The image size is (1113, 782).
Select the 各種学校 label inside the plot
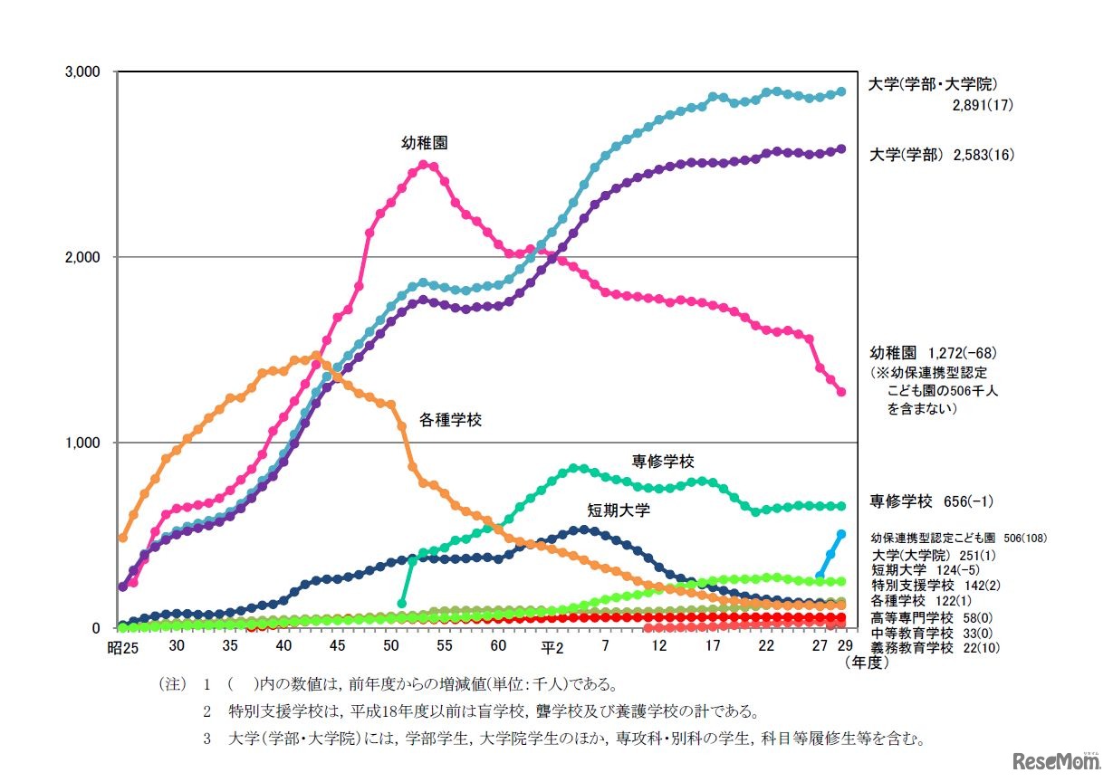(x=450, y=420)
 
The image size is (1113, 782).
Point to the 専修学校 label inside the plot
(x=663, y=462)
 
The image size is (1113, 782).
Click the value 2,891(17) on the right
(x=982, y=105)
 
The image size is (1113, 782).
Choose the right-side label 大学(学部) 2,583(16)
(x=941, y=155)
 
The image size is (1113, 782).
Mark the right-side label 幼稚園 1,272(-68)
(x=933, y=352)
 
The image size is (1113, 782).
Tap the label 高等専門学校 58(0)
(x=924, y=616)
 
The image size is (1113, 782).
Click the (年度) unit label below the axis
(x=866, y=663)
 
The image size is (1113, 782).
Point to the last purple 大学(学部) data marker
(x=841, y=149)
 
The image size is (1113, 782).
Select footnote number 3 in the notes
(x=206, y=739)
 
